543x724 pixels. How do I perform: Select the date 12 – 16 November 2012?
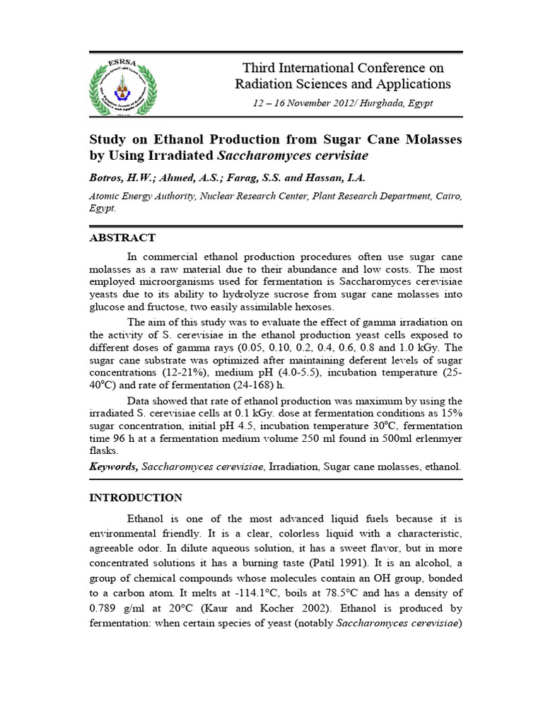pyautogui.click(x=303, y=103)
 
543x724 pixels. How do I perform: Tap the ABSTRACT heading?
pyautogui.click(x=122, y=238)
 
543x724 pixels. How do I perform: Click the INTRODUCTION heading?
pyautogui.click(x=135, y=497)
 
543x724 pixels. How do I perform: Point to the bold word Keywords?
pyautogui.click(x=113, y=467)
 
